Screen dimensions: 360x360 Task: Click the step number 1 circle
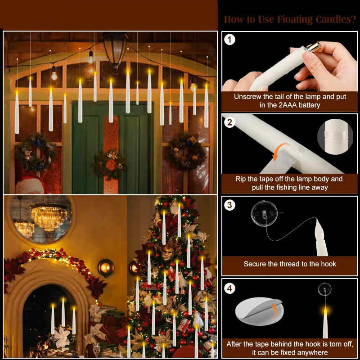point(230,40)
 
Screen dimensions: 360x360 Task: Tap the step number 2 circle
point(230,122)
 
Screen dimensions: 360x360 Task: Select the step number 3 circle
point(230,205)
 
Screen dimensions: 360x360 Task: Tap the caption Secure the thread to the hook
point(290,264)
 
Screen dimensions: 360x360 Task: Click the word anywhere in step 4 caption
point(313,352)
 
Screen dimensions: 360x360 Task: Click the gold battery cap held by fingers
point(314,46)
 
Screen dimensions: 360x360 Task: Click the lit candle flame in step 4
point(325,310)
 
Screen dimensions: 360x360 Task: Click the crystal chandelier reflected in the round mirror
point(49,216)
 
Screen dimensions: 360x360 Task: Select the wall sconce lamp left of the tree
point(105,268)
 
